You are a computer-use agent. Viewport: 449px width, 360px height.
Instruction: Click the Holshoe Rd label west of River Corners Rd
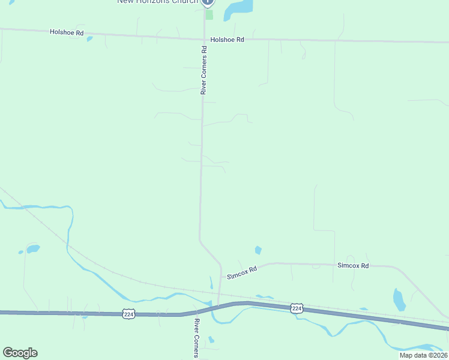(x=67, y=32)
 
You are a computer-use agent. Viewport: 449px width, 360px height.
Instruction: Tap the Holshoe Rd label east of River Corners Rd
(x=228, y=40)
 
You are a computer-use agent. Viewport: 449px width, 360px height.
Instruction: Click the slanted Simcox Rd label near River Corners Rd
(x=242, y=272)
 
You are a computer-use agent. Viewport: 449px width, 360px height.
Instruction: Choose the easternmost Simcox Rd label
(x=352, y=265)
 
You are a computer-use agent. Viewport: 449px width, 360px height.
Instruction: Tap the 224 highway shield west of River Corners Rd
(x=128, y=313)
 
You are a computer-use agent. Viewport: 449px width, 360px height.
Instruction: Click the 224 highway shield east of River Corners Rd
(x=297, y=308)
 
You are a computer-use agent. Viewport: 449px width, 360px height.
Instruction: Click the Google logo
(x=20, y=353)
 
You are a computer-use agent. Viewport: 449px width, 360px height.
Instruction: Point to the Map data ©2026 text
(x=423, y=355)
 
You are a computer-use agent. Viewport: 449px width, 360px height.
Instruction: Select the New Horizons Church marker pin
(x=208, y=2)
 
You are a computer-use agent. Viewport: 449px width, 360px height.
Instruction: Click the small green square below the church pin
(x=209, y=14)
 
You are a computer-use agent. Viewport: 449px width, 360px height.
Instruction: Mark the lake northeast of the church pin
(x=238, y=7)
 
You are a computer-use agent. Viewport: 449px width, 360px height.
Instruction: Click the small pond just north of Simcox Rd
(x=258, y=250)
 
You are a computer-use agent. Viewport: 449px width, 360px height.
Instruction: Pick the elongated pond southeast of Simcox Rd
(x=399, y=299)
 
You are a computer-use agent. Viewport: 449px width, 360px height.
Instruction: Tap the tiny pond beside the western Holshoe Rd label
(x=89, y=39)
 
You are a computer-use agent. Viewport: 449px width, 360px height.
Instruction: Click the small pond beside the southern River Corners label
(x=211, y=340)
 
